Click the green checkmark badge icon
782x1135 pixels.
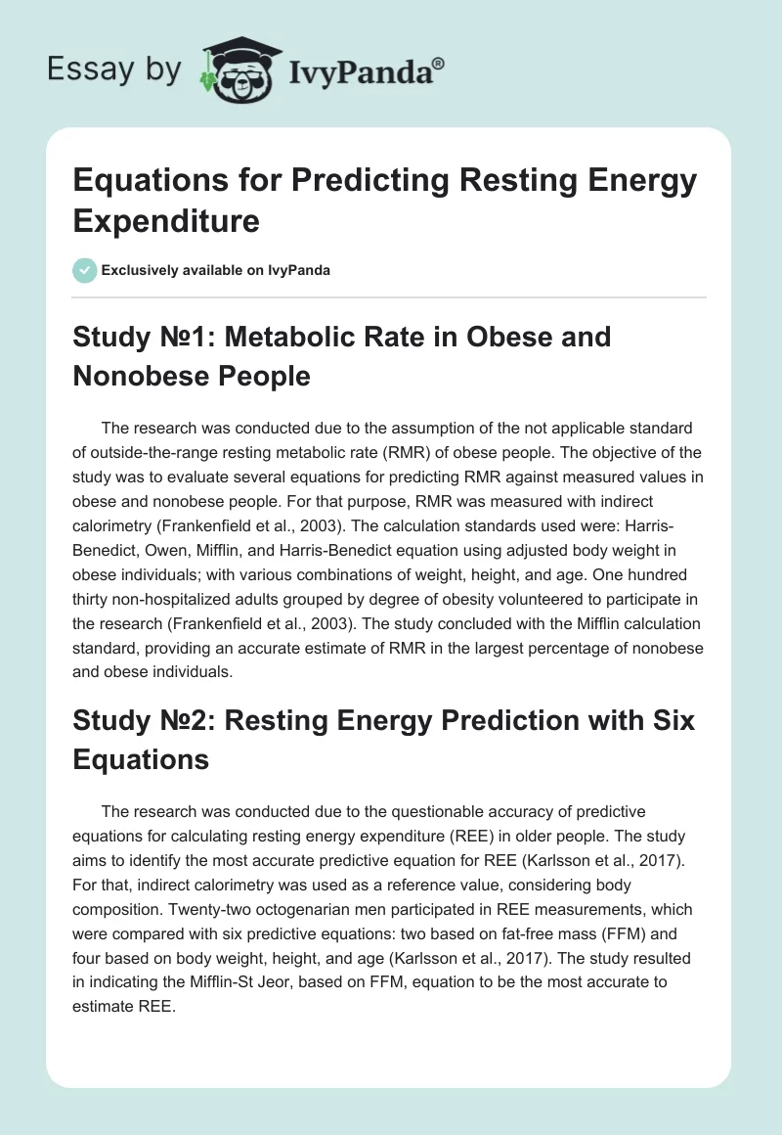[84, 270]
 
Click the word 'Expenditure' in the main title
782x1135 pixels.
[166, 220]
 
